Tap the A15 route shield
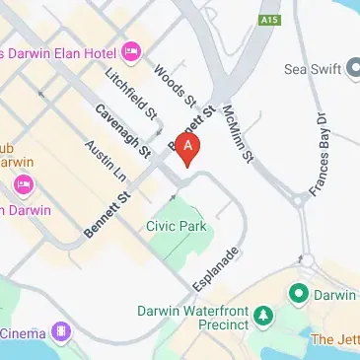[267, 20]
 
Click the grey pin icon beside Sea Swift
[353, 69]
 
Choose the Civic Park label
[175, 227]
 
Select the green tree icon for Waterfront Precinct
[262, 316]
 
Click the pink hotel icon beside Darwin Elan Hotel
[131, 50]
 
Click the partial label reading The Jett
[334, 339]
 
